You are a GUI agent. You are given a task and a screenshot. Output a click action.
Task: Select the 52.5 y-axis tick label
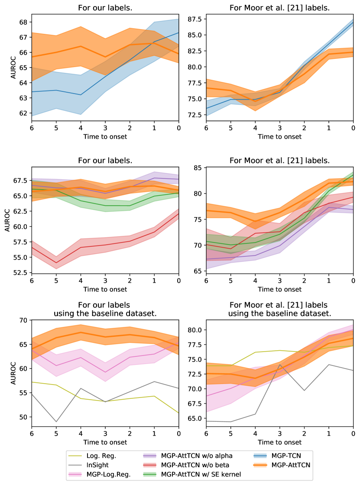[x=19, y=273]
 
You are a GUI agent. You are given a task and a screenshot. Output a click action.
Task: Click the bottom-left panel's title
[x=105, y=308]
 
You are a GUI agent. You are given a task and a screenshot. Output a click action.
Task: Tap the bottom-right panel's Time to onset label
[x=279, y=442]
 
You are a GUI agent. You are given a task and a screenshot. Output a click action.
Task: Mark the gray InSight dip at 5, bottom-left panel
[x=56, y=421]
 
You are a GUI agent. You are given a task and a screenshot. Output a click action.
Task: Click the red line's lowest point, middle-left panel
[x=56, y=262]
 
